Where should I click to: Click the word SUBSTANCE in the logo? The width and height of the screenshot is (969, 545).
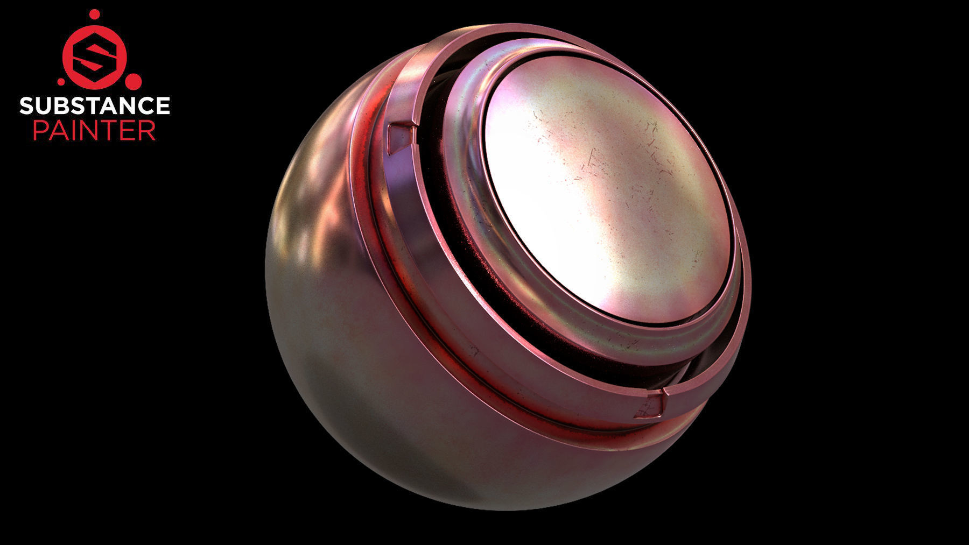[x=95, y=105]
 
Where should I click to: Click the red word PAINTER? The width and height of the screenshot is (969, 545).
[x=95, y=131]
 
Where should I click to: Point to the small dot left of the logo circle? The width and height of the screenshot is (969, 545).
[x=60, y=82]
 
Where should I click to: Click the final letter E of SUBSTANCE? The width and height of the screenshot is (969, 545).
[x=163, y=105]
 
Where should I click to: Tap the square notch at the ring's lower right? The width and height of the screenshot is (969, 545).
[x=648, y=406]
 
